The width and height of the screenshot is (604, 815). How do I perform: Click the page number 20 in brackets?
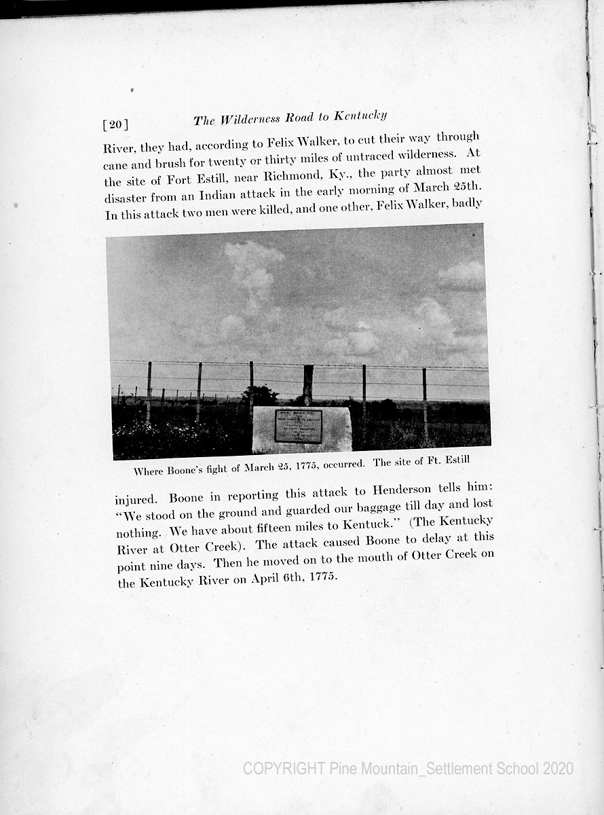(x=115, y=124)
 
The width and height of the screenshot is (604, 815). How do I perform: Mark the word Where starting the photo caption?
(x=149, y=471)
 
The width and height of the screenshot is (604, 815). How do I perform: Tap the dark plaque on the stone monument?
(x=298, y=426)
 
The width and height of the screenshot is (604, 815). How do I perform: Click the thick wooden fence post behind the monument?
(x=308, y=385)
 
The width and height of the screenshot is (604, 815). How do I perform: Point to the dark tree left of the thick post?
(x=262, y=395)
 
